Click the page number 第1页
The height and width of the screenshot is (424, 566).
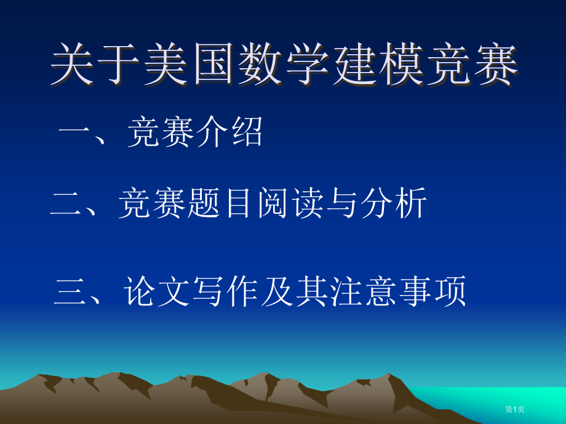tap(515, 409)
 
